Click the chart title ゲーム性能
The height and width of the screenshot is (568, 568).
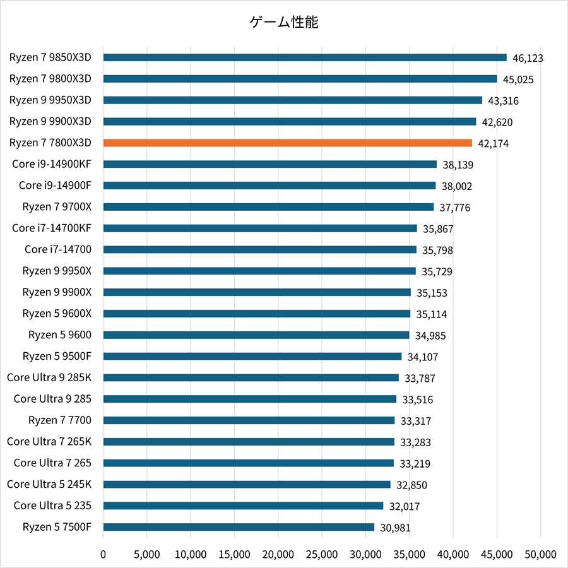coord(284,23)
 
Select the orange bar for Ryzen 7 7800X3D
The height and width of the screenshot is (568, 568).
coord(287,143)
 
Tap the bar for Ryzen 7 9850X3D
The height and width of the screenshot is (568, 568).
coord(305,57)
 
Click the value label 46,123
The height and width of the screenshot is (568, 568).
coord(528,58)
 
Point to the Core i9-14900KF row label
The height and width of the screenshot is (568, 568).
coord(52,164)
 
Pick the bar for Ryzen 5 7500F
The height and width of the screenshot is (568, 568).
coord(239,527)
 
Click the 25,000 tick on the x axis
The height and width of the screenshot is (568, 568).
coord(322,555)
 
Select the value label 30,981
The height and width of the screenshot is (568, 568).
coord(396,528)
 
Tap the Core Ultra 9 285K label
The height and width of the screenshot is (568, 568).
coord(49,377)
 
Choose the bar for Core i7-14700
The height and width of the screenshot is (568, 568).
coord(259,249)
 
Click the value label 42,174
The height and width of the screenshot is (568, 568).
coord(494,144)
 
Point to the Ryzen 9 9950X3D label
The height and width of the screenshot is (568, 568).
coord(50,100)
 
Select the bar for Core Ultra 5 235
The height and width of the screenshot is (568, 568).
coord(243,506)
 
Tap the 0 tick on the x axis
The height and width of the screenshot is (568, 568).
coord(104,555)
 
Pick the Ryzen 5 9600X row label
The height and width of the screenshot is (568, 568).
coord(57,314)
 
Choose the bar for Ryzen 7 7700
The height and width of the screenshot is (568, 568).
coord(249,420)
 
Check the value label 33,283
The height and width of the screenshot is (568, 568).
coord(415,442)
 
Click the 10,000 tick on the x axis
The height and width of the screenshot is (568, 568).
coord(191,555)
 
